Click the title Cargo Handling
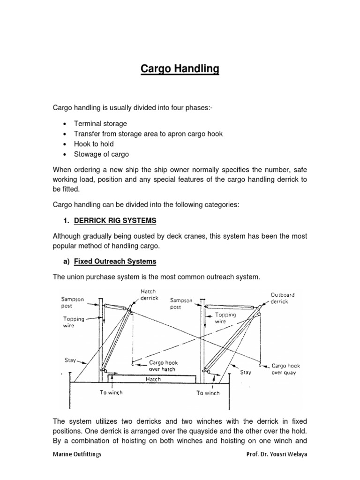[180, 69]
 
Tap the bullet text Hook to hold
[94, 144]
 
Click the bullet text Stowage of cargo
[101, 154]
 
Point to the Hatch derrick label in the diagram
[150, 295]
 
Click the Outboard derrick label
[283, 298]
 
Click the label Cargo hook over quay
[286, 369]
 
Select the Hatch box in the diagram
[153, 379]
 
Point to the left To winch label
[111, 392]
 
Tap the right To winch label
[208, 393]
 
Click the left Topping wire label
[74, 322]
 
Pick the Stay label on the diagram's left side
[70, 361]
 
